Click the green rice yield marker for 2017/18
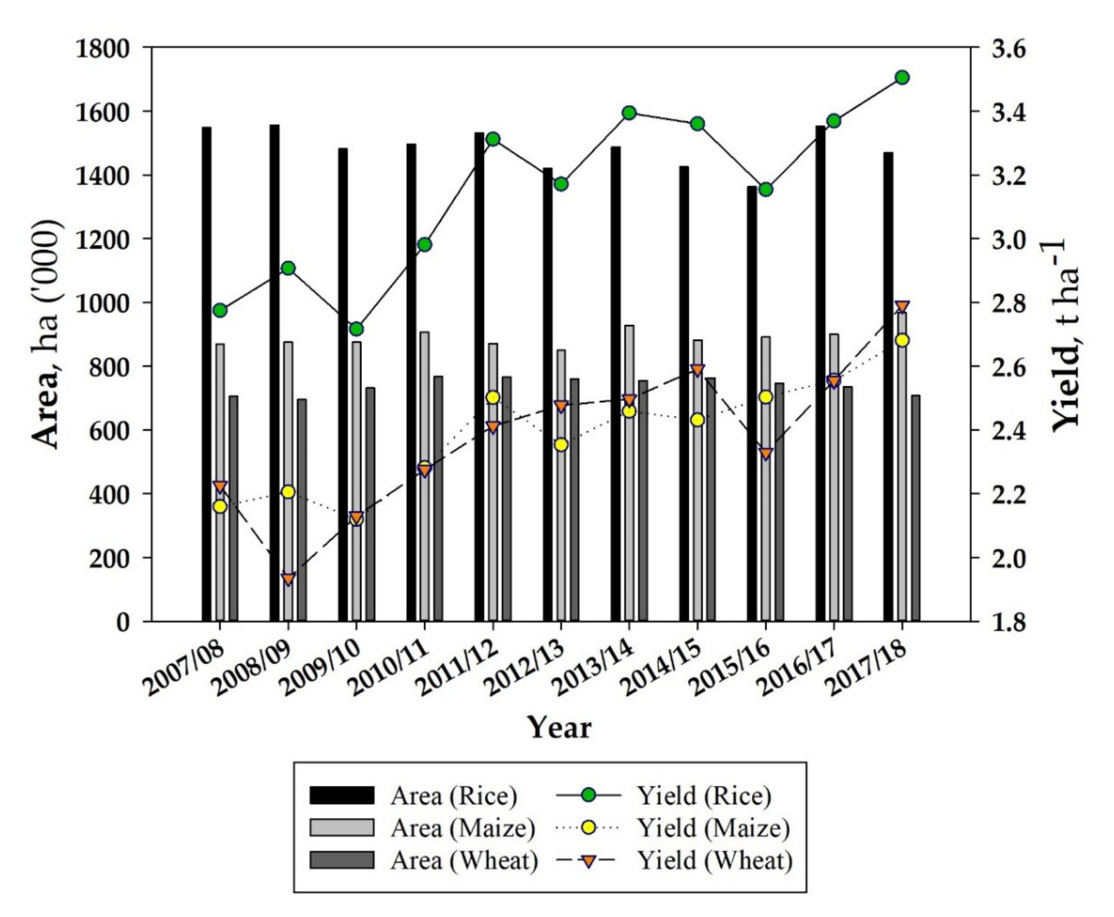[x=902, y=78]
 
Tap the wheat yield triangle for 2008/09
[x=288, y=579]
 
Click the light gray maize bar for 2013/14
[x=629, y=475]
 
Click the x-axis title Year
[x=560, y=728]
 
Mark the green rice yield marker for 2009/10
[x=356, y=329]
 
